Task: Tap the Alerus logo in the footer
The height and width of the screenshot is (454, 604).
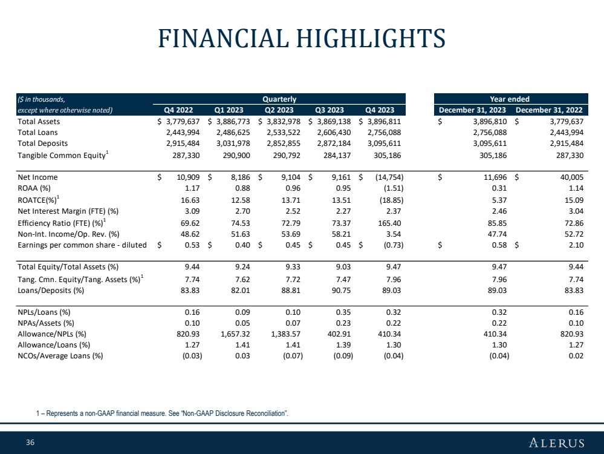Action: pyautogui.click(x=556, y=443)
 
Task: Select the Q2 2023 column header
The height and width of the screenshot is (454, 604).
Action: pyautogui.click(x=279, y=110)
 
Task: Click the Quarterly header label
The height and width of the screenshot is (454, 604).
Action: pyautogui.click(x=279, y=98)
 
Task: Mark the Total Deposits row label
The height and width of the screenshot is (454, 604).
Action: pyautogui.click(x=43, y=143)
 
